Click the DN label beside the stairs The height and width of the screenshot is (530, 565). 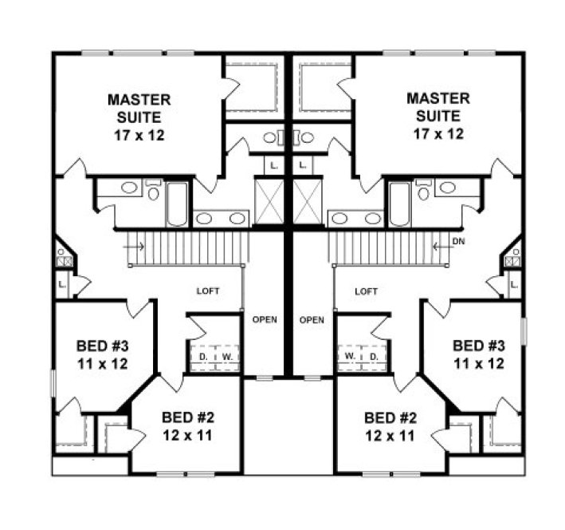point(457,240)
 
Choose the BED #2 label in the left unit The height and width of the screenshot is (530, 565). point(188,417)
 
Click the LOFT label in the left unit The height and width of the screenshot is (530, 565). point(207,292)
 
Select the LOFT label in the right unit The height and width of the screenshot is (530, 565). point(366,292)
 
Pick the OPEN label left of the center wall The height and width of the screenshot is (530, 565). point(265,320)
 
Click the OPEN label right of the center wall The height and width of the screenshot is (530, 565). point(312,320)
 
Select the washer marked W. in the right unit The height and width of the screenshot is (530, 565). point(350,354)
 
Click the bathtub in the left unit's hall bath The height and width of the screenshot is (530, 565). point(178,204)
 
